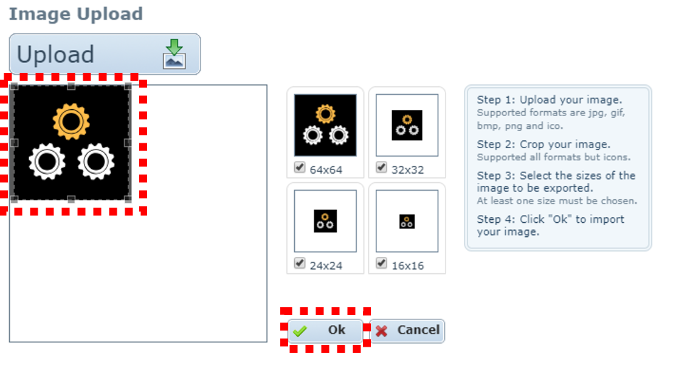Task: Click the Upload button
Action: [x=105, y=55]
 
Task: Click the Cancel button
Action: [x=407, y=330]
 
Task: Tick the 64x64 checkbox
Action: [x=300, y=168]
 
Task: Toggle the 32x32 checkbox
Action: [x=381, y=168]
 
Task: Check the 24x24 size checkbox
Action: [x=300, y=264]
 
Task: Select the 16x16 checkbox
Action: [x=381, y=264]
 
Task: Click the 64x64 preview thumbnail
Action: [x=325, y=125]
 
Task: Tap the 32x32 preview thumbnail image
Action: [x=407, y=126]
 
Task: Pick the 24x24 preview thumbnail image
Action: [x=325, y=221]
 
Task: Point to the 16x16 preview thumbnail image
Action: [x=407, y=222]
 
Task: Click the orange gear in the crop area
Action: [x=71, y=122]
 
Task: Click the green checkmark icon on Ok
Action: [x=299, y=331]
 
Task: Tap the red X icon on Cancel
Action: [x=381, y=331]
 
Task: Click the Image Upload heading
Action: [x=75, y=13]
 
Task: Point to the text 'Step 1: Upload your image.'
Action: [x=550, y=100]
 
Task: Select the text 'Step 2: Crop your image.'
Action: [x=543, y=145]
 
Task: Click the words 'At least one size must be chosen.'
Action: [x=557, y=201]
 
